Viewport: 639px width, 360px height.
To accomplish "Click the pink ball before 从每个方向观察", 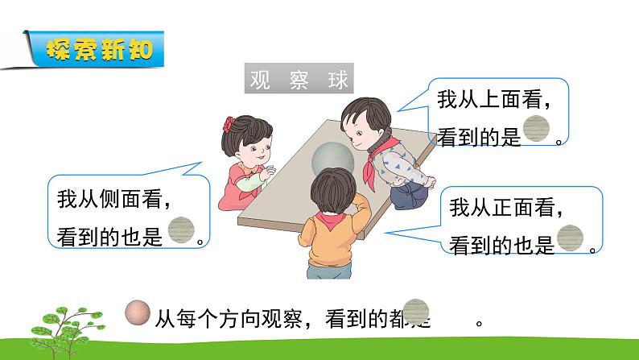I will click(138, 312).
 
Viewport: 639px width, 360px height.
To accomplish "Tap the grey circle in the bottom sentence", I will click(417, 312).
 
